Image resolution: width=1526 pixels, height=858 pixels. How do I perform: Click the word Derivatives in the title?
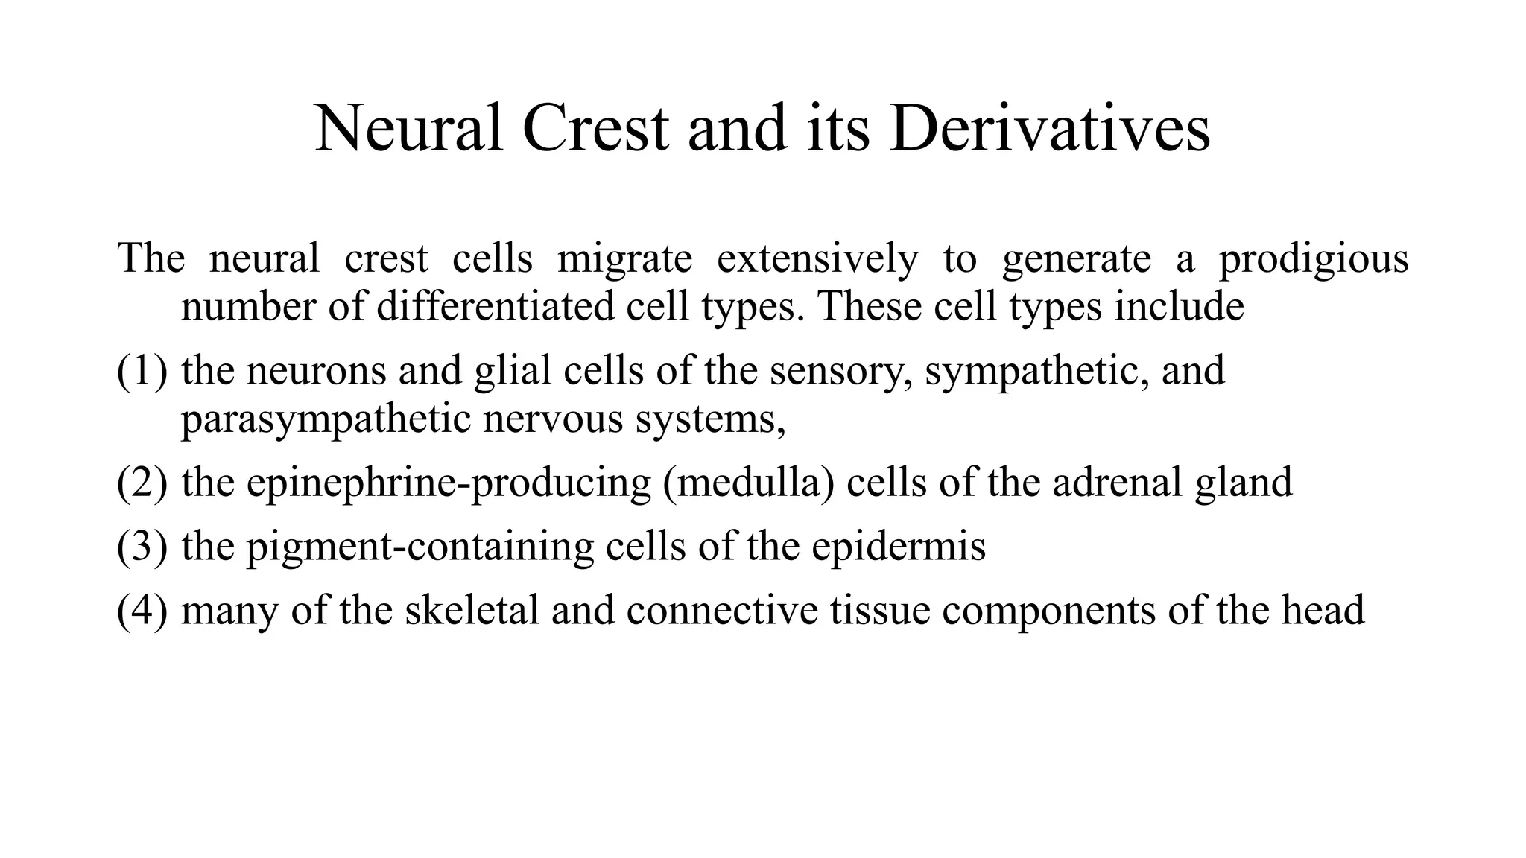pyautogui.click(x=1049, y=129)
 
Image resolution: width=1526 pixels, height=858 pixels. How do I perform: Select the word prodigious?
pyautogui.click(x=1314, y=259)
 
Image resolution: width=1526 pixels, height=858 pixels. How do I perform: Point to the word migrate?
pyautogui.click(x=624, y=259)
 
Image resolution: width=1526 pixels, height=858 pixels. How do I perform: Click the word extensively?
pyautogui.click(x=817, y=259)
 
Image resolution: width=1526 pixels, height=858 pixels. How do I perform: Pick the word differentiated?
pyautogui.click(x=496, y=306)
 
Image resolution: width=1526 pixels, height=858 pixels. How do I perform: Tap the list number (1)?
pyautogui.click(x=142, y=371)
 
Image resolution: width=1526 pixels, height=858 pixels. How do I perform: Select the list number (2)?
pyautogui.click(x=142, y=483)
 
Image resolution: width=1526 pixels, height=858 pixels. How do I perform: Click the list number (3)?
pyautogui.click(x=142, y=546)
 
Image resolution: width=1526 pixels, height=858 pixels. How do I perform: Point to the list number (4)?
pyautogui.click(x=142, y=610)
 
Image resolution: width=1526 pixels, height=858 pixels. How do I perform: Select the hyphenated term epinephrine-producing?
pyautogui.click(x=449, y=483)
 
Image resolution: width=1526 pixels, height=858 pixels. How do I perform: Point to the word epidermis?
pyautogui.click(x=899, y=546)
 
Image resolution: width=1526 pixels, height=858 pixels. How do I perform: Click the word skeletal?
pyautogui.click(x=472, y=610)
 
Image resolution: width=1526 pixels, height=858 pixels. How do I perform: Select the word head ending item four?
pyautogui.click(x=1323, y=610)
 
